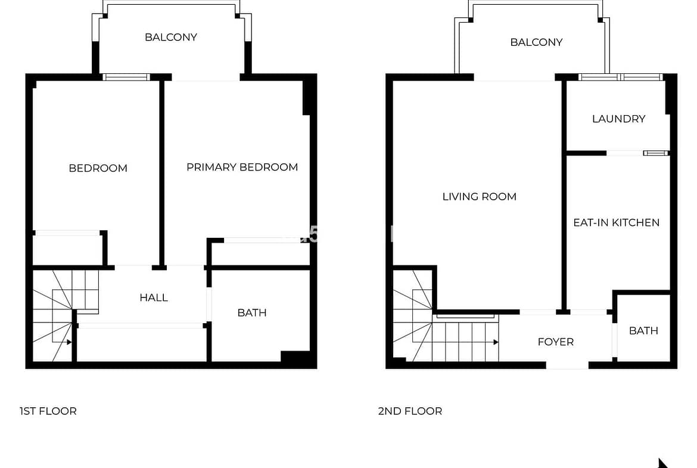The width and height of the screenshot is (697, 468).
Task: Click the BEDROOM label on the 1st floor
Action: pos(98,168)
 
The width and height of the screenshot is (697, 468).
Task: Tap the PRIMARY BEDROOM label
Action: pos(242,168)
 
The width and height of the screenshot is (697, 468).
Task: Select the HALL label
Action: pos(154,297)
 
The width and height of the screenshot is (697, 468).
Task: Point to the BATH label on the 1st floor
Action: pos(252,313)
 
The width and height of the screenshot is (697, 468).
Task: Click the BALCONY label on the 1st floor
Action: pos(171,37)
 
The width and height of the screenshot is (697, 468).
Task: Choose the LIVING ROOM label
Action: pos(480,197)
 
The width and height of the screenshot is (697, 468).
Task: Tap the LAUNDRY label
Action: pos(619,119)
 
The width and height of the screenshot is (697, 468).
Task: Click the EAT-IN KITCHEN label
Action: pos(617,222)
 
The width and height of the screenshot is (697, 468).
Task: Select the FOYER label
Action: pos(556,342)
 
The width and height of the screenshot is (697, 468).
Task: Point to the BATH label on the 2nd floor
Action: pos(643,330)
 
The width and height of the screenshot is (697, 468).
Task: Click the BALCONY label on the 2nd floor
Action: pos(537,42)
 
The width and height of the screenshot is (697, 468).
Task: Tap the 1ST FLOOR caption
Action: pos(48,411)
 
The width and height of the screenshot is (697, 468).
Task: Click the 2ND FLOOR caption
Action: pos(410,411)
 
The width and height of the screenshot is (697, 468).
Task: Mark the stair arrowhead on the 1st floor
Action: pos(69,342)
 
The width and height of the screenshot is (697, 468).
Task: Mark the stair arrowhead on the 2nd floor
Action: pos(496,342)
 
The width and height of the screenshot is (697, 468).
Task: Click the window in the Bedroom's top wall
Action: pos(127,77)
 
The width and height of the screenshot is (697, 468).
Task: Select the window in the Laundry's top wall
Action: pos(621,77)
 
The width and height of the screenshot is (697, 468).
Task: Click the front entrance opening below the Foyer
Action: pos(567,365)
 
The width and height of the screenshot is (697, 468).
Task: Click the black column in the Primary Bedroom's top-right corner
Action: pos(307,98)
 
